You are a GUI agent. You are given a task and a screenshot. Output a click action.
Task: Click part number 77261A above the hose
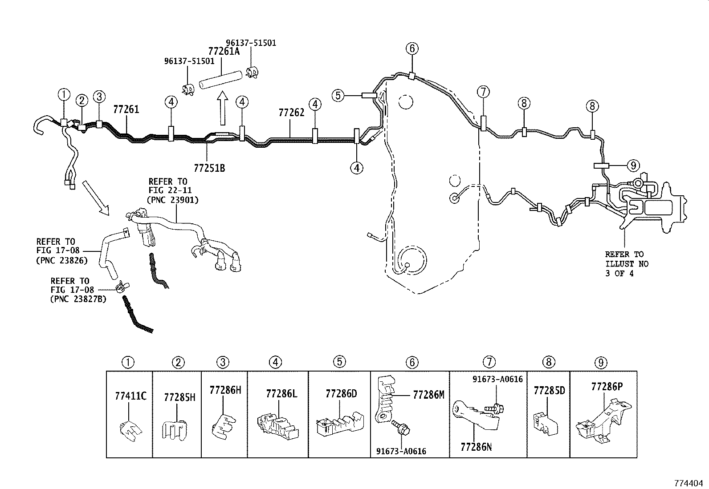click(x=224, y=52)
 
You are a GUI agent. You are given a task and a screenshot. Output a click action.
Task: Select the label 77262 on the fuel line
click(x=291, y=113)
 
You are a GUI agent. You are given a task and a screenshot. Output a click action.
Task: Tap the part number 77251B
click(x=209, y=168)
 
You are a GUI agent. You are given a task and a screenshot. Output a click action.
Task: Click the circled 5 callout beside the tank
click(x=338, y=95)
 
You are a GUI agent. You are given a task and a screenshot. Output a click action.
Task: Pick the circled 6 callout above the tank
click(x=412, y=48)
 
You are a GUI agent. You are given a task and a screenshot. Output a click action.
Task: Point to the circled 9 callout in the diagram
click(x=632, y=166)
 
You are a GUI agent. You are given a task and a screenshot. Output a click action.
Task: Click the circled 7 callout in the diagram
click(x=483, y=92)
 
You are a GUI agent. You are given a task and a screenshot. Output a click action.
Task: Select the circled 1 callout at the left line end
click(x=64, y=94)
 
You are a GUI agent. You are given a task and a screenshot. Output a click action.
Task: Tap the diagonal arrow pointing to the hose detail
click(x=96, y=198)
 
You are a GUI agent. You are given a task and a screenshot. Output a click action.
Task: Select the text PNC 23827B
click(x=78, y=299)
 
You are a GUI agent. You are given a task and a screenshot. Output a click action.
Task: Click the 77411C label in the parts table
click(x=130, y=395)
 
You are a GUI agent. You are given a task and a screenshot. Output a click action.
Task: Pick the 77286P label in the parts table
click(x=607, y=387)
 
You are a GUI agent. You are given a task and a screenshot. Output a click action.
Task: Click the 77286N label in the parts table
click(x=476, y=447)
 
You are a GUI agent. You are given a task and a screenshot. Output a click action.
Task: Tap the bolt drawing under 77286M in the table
click(x=401, y=429)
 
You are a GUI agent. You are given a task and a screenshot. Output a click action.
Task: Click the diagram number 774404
click(x=689, y=482)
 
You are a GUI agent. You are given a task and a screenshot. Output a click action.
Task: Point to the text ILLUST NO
click(x=627, y=264)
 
